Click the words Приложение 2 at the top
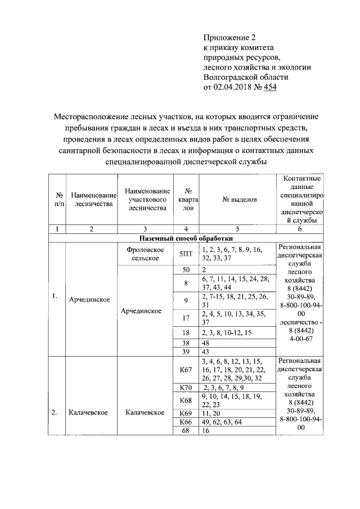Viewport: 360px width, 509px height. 229,38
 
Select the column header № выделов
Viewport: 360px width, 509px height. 239,199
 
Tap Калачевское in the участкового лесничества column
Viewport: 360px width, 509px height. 145,412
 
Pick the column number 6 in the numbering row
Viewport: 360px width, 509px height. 299,229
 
